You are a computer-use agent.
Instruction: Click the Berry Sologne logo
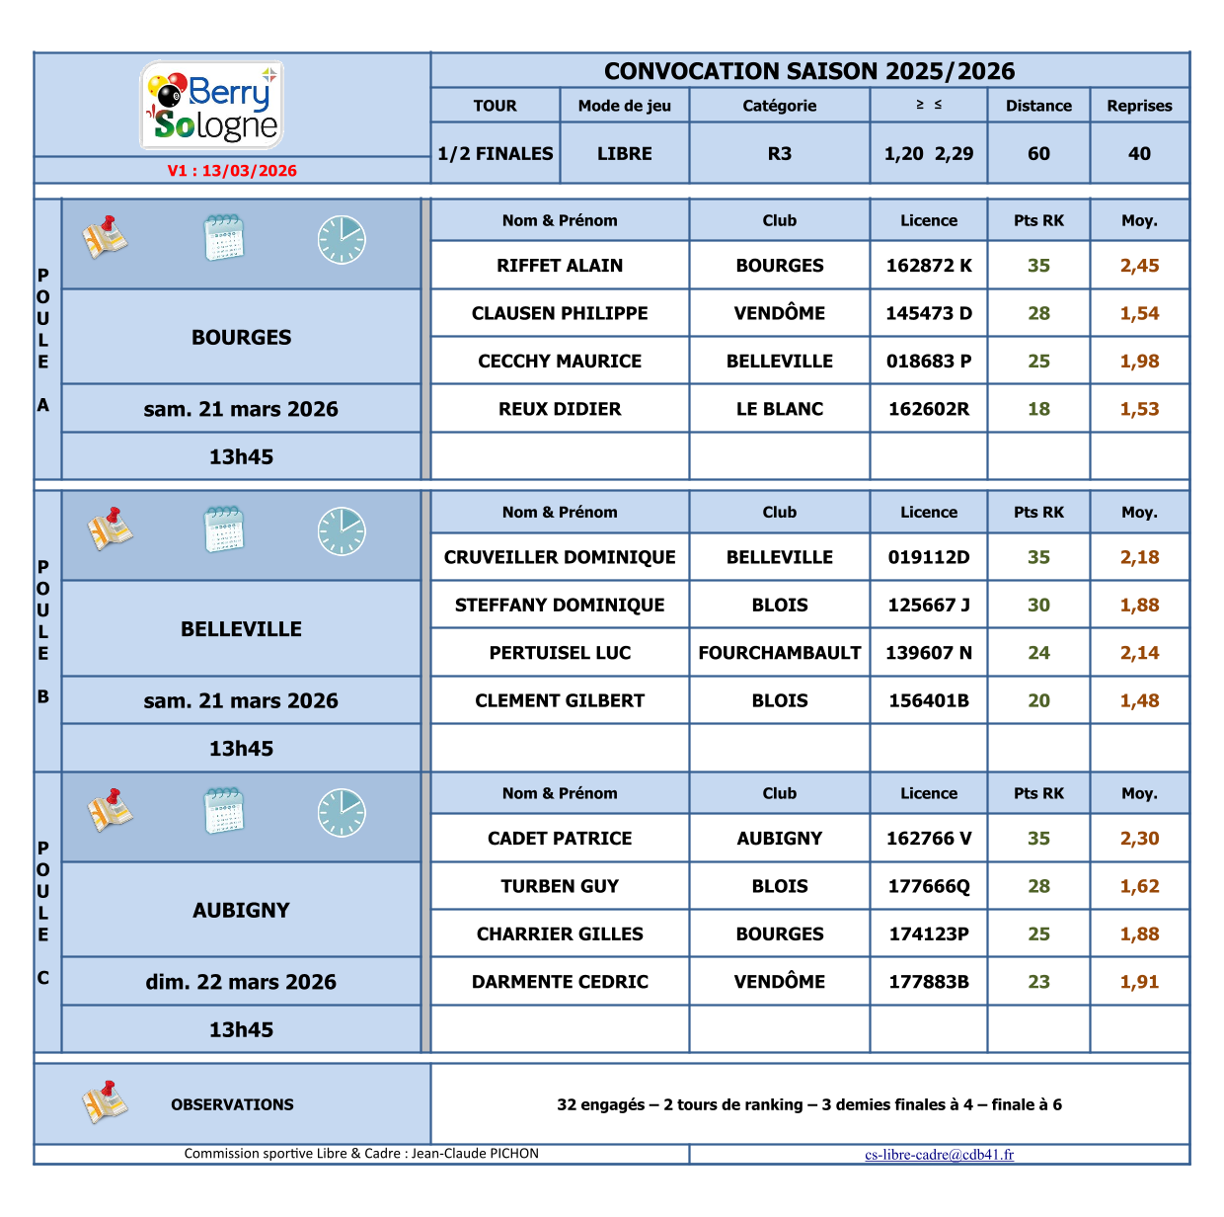[212, 105]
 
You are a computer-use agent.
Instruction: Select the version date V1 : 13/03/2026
[232, 171]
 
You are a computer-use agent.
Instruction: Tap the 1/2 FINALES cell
[496, 154]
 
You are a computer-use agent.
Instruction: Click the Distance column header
[1038, 106]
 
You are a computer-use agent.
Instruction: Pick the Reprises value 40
[1139, 154]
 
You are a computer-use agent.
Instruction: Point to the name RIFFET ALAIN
[560, 266]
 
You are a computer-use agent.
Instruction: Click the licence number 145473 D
[929, 313]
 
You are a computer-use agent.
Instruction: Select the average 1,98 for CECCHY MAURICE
[1139, 362]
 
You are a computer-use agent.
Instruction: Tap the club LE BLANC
[780, 409]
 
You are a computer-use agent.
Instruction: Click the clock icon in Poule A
[342, 240]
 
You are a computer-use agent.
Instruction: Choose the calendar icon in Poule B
[224, 530]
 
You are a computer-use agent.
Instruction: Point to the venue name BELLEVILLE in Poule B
[241, 629]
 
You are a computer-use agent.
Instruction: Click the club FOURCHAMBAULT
[780, 653]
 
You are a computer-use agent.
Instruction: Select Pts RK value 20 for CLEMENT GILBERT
[1038, 700]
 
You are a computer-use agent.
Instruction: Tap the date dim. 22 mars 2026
[241, 982]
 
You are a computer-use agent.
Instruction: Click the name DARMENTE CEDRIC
[560, 982]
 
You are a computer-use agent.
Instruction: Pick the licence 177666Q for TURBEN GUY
[929, 886]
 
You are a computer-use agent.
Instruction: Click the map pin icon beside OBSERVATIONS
[105, 1102]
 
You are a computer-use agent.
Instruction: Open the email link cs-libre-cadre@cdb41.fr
[939, 1155]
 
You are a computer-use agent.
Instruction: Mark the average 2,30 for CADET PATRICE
[1139, 839]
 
